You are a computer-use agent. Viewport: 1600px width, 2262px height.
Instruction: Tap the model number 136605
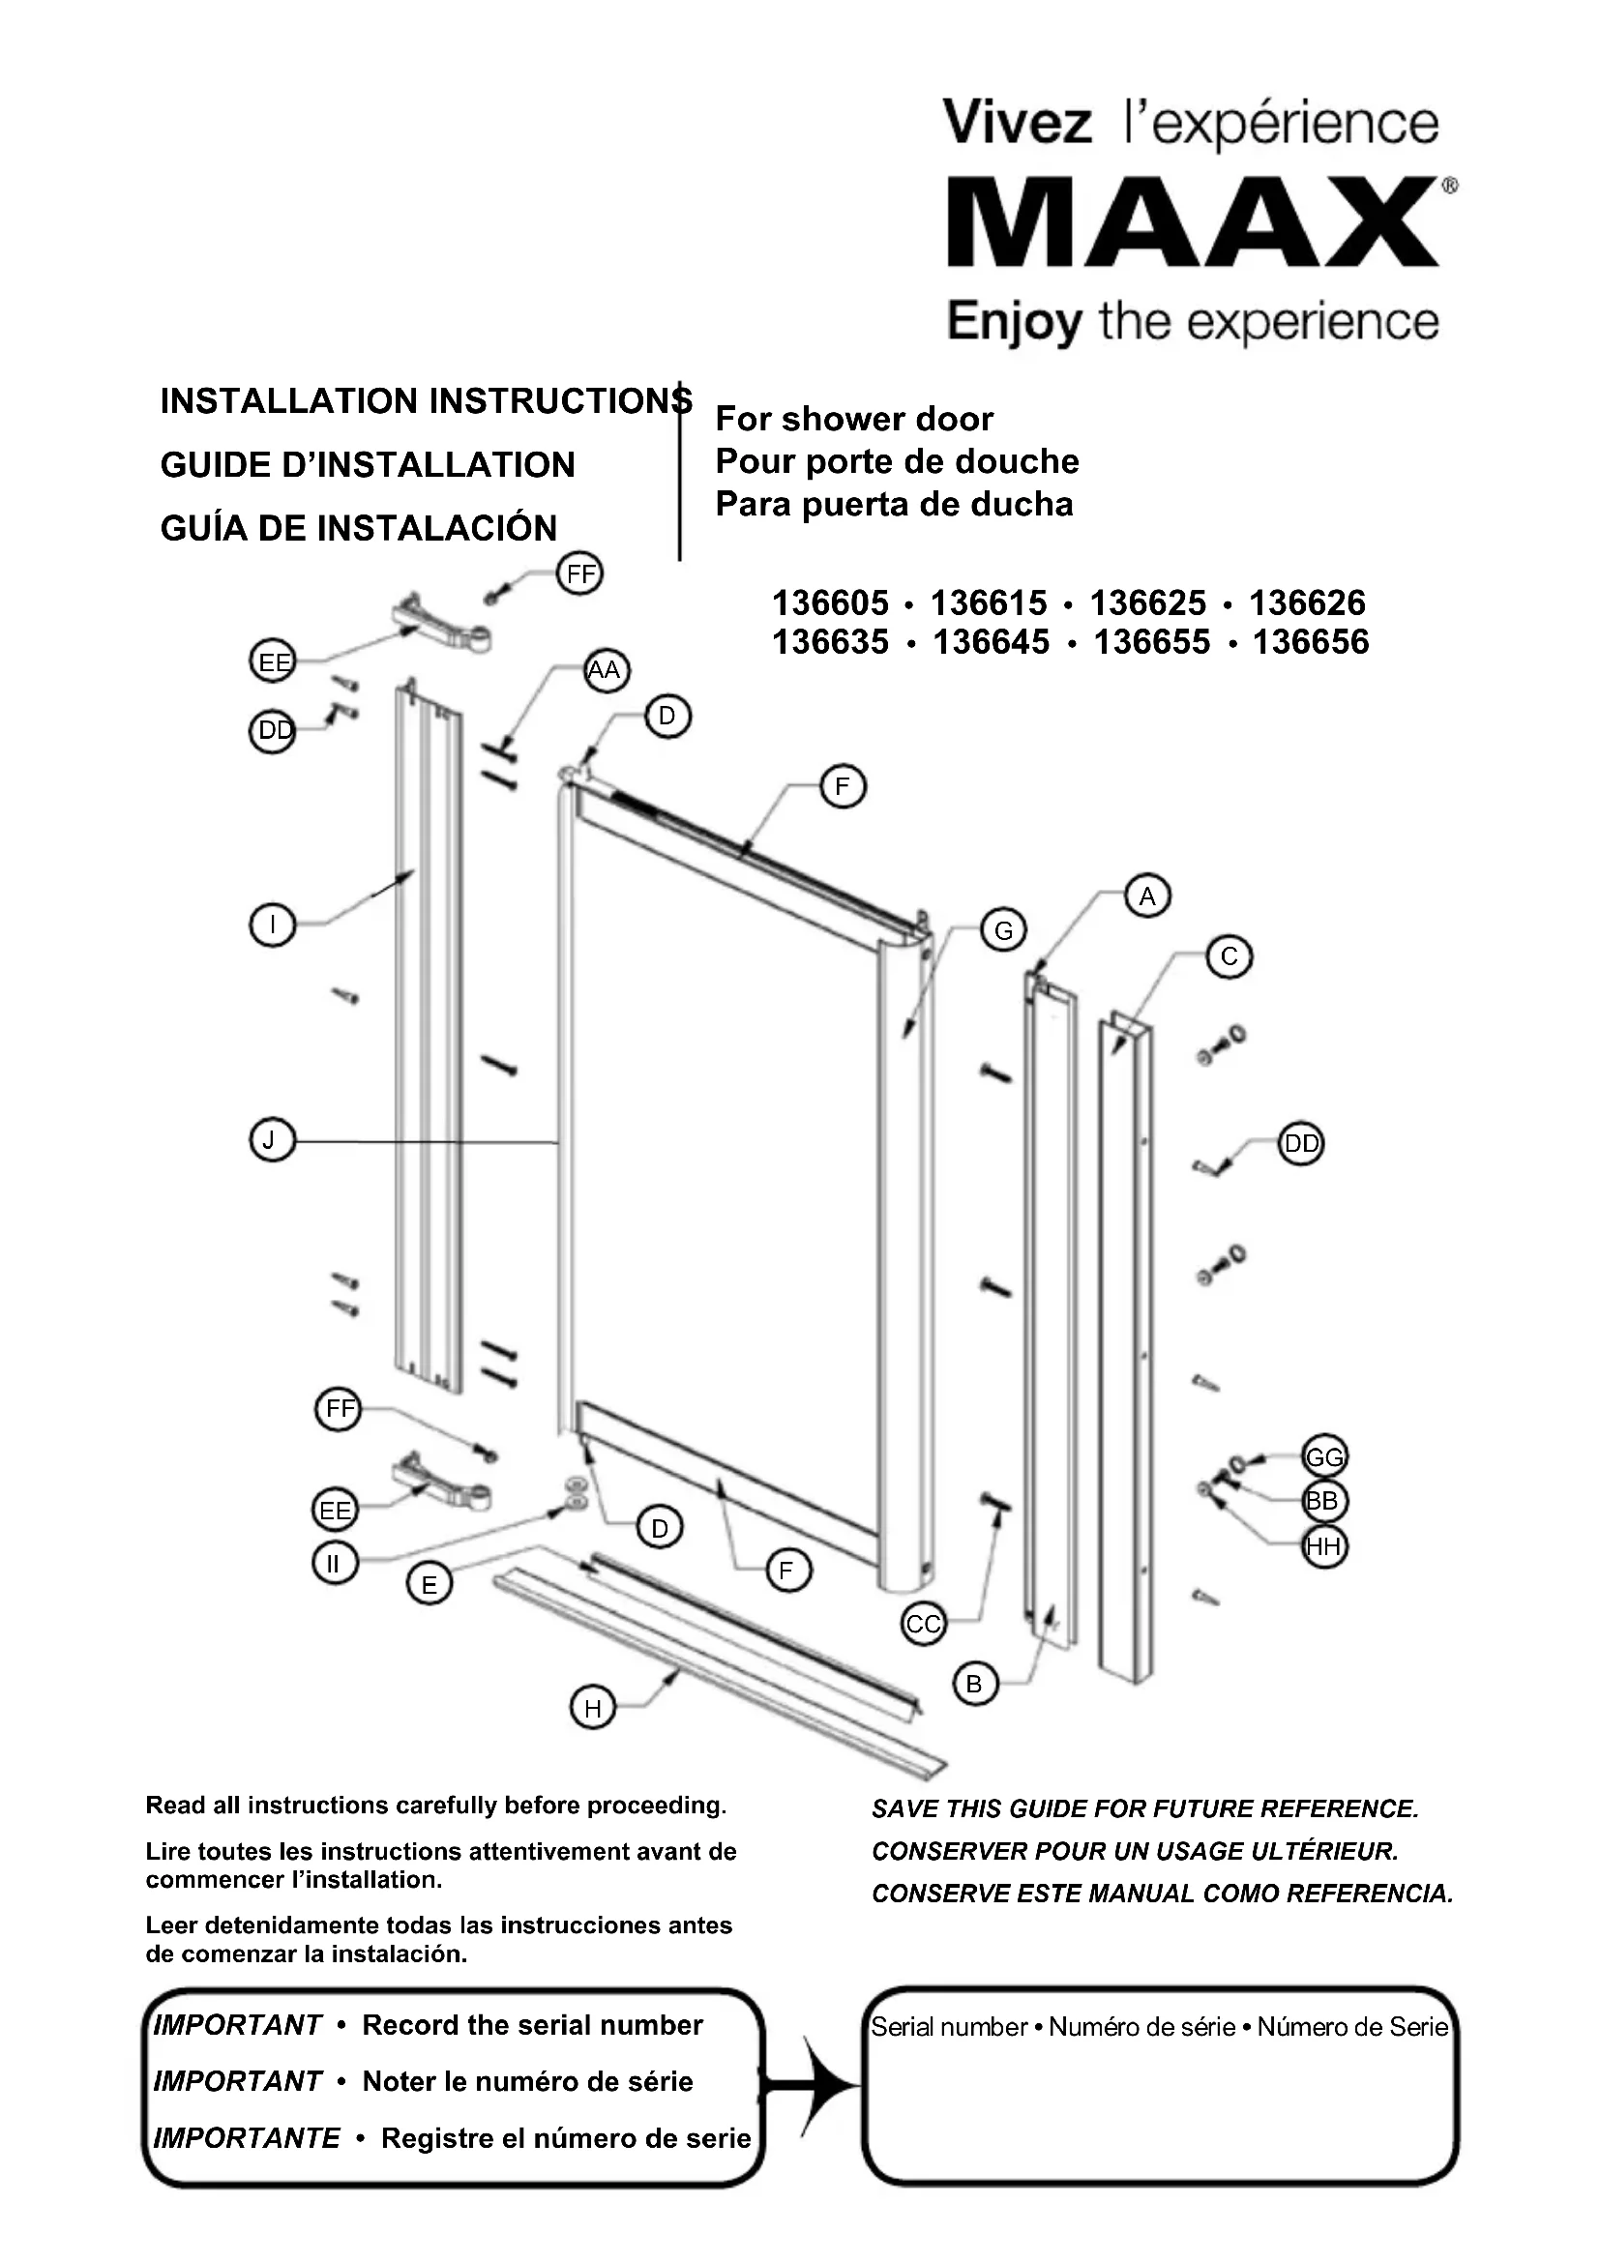coord(830,602)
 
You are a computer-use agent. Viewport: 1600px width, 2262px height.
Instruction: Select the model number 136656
coord(1311,642)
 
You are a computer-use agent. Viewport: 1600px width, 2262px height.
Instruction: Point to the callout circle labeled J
coord(272,1141)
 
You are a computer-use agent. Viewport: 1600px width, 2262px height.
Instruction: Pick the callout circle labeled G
coord(1003,930)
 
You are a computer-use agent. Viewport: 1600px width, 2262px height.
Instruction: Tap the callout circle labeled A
coord(1147,896)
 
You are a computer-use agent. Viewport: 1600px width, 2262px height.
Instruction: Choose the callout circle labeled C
coord(1229,956)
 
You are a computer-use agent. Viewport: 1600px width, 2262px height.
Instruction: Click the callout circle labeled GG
coord(1324,1457)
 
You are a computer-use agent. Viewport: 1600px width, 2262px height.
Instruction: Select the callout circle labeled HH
coord(1324,1545)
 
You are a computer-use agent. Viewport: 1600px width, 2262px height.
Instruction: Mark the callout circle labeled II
coord(334,1564)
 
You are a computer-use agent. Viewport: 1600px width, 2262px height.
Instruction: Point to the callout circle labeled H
coord(592,1708)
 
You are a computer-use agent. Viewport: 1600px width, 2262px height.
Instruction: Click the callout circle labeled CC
coord(923,1624)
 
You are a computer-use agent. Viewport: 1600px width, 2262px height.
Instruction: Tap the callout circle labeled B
coord(974,1684)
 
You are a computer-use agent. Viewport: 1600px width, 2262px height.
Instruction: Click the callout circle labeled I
coord(272,925)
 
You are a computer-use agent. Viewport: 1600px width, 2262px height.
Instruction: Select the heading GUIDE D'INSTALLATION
coord(368,465)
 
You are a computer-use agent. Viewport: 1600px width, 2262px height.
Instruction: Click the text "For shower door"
coord(854,420)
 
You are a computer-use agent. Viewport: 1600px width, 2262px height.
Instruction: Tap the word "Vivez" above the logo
coord(1017,124)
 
